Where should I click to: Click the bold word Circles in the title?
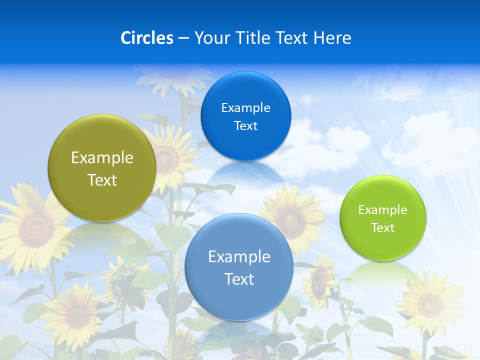(147, 38)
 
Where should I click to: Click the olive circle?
(102, 168)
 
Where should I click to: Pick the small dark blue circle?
(246, 116)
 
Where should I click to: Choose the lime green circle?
(383, 218)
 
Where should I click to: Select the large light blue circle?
(239, 267)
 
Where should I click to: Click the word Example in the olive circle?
(102, 157)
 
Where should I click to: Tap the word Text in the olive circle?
(102, 180)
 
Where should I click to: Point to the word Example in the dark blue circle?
(246, 107)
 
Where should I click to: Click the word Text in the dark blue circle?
(246, 125)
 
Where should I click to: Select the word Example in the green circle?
(383, 210)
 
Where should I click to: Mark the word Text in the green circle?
(383, 228)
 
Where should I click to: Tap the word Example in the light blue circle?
(239, 256)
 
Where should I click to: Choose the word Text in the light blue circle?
(239, 279)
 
